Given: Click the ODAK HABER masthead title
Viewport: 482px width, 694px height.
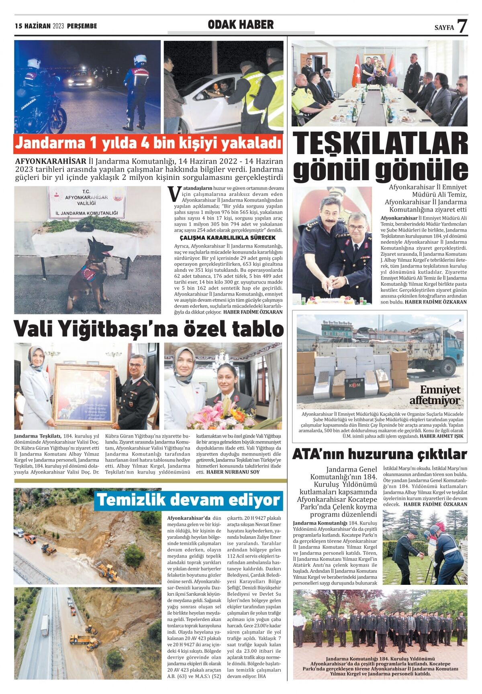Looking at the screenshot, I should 241,25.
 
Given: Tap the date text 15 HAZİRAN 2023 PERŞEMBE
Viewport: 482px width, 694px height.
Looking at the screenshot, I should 56,26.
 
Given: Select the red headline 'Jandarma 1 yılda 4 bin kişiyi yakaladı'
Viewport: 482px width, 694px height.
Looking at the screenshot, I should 148,143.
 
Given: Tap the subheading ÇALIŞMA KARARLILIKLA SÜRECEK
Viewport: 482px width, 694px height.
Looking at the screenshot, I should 227,238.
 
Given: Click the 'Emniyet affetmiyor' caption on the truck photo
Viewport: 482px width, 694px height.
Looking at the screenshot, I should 435,395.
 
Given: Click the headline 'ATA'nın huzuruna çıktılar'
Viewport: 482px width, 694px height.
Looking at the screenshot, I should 379,454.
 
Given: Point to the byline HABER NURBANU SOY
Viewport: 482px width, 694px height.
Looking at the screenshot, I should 233,472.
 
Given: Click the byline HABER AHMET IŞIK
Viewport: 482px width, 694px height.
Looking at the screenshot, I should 441,436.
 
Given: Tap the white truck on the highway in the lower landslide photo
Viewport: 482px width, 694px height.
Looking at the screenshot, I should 45,625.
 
